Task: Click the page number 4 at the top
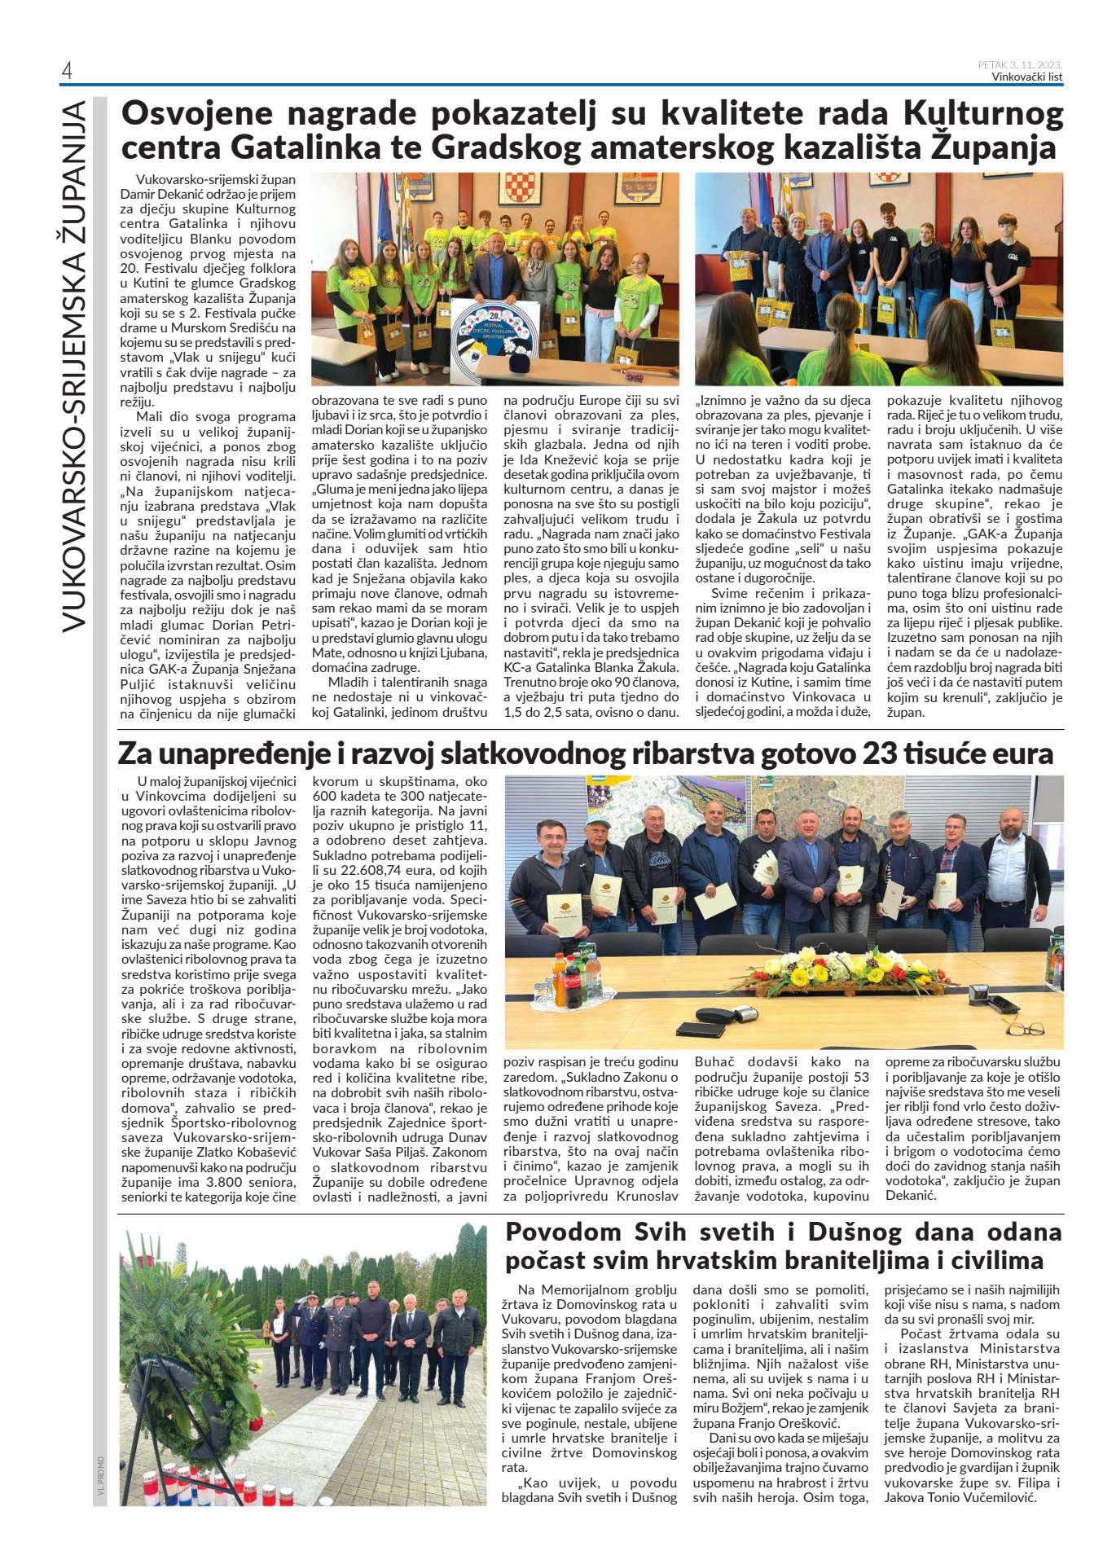click(x=67, y=71)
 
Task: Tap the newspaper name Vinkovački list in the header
click(x=1026, y=77)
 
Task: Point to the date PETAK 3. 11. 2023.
click(x=1020, y=65)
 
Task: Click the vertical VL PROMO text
click(x=100, y=1475)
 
